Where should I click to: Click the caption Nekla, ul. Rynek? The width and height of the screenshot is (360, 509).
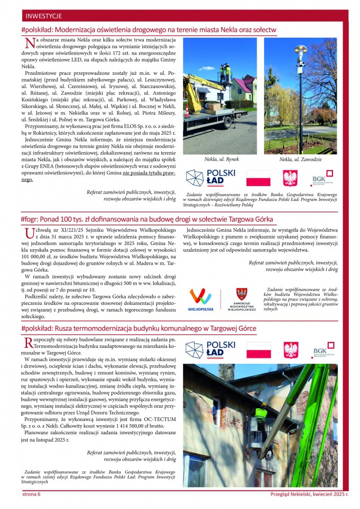point(221,159)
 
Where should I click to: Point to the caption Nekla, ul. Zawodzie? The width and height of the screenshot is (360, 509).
point(300,160)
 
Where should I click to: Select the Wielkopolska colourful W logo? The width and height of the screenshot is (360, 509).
point(200,296)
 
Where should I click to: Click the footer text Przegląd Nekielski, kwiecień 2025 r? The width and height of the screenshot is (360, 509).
point(309,494)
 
